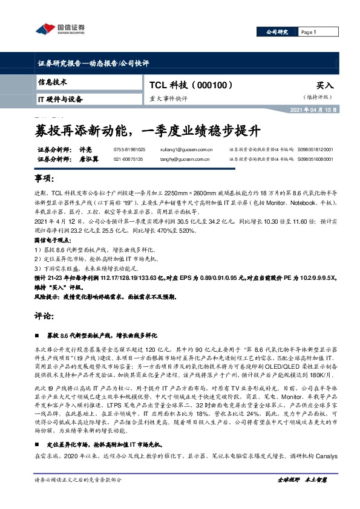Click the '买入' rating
pyautogui.click(x=324, y=86)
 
